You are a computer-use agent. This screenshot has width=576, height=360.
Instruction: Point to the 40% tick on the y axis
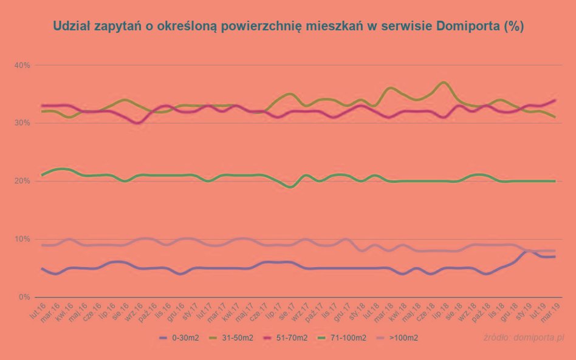[23, 65]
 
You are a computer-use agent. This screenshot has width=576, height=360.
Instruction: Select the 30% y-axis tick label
[23, 123]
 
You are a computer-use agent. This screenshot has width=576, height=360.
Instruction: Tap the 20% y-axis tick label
[23, 181]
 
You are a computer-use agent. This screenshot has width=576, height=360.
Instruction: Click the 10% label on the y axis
[23, 239]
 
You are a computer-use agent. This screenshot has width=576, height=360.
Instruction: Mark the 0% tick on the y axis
[25, 297]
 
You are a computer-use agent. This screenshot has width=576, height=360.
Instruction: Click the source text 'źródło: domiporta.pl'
[525, 337]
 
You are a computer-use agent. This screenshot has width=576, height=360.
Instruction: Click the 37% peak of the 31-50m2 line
[444, 82]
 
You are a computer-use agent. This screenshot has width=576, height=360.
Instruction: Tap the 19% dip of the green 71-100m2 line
[292, 187]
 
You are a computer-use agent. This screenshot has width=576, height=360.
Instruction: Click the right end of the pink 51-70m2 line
[555, 100]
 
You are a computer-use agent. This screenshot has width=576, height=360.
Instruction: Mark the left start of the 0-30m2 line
[42, 268]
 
